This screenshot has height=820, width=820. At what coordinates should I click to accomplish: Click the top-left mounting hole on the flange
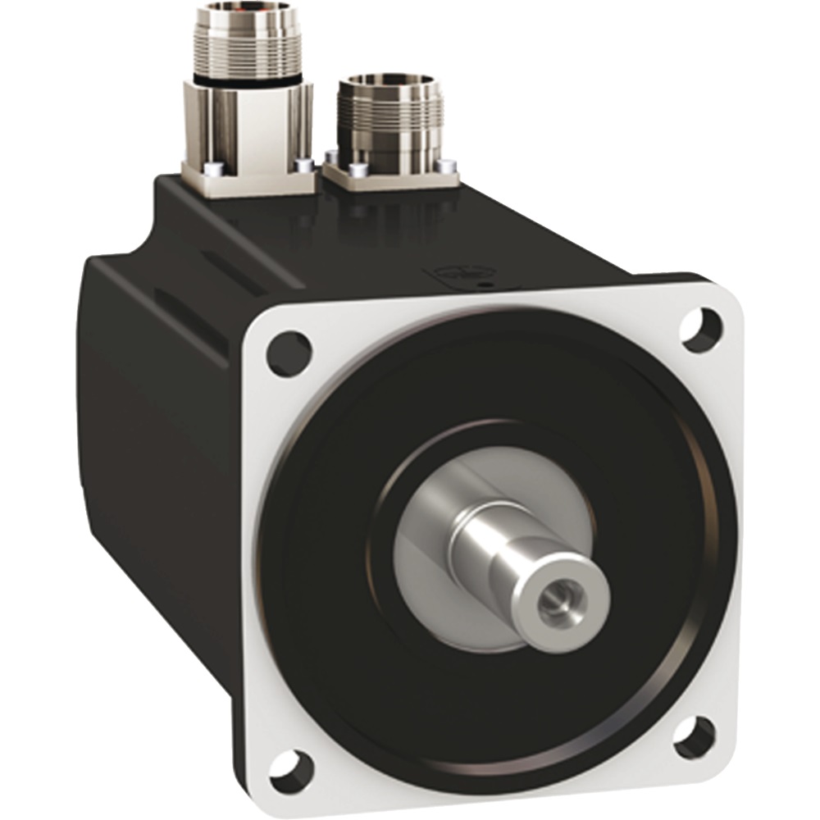point(289,353)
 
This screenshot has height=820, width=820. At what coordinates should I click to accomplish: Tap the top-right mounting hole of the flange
point(701,328)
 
